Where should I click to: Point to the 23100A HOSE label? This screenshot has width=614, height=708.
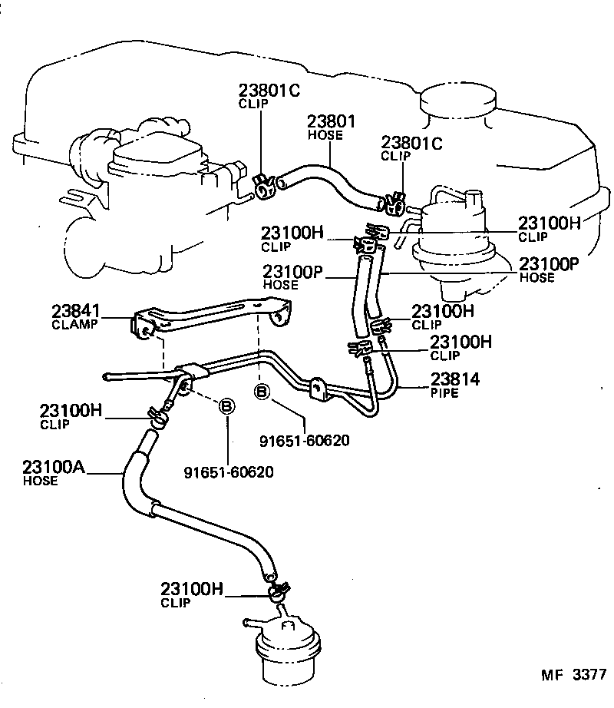coord(50,472)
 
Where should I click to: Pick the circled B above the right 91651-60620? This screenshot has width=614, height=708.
coord(262,393)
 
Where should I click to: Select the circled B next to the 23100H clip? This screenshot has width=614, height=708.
coord(227,407)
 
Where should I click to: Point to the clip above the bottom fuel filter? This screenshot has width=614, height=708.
coord(277,592)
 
